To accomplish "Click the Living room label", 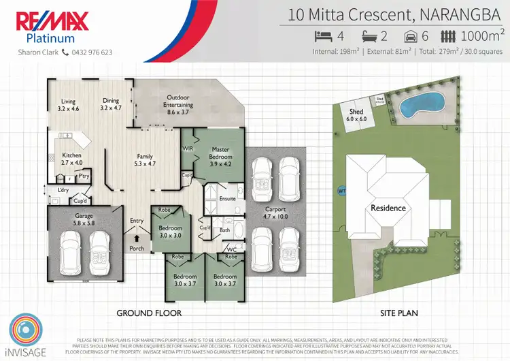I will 68,104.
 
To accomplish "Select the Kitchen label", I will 71,159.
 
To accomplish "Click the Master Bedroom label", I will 220,153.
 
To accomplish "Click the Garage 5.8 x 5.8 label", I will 84,219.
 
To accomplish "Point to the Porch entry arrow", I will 137,238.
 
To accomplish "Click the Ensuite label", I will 227,199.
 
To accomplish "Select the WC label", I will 232,249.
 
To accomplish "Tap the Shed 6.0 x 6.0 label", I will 356,115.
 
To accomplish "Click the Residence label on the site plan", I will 388,208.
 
